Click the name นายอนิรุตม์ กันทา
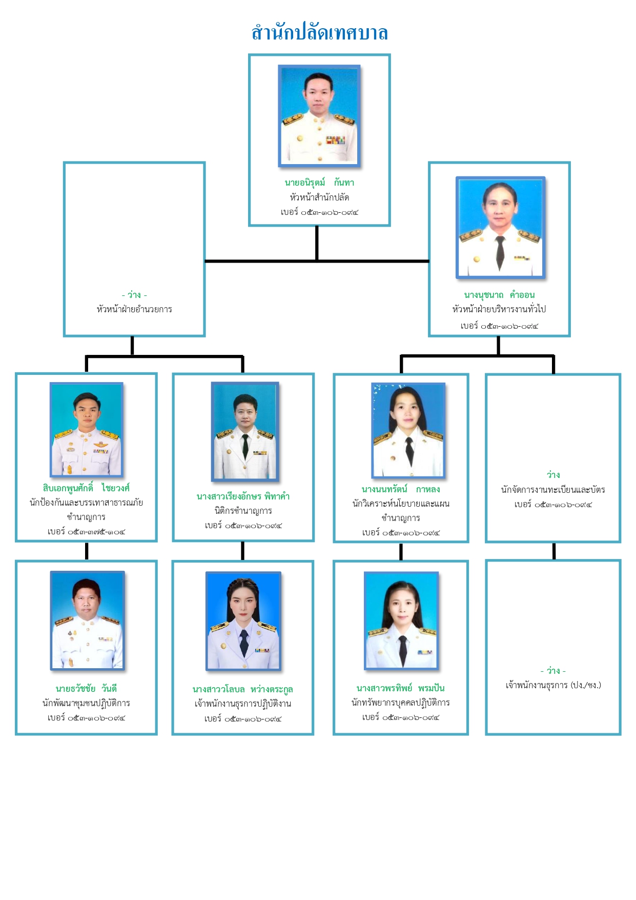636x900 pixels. tap(319, 183)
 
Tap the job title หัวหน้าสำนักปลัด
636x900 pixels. tap(319, 197)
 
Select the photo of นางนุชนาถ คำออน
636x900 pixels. tap(500, 228)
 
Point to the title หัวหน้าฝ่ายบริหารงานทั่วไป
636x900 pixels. tap(499, 309)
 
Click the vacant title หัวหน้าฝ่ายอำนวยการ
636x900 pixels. tap(134, 309)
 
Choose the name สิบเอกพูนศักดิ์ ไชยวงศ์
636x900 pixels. tap(86, 488)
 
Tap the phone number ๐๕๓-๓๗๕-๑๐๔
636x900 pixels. tap(86, 532)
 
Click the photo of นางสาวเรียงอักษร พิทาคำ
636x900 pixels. tap(245, 431)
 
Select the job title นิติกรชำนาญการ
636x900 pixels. tap(243, 511)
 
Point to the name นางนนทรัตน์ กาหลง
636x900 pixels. tap(401, 489)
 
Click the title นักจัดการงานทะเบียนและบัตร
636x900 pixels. tap(553, 490)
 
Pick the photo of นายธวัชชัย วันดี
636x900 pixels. tap(87, 621)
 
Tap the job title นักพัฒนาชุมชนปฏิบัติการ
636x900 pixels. tap(86, 703)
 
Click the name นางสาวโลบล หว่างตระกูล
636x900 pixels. tap(243, 689)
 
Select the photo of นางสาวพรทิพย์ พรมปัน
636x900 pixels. tap(402, 621)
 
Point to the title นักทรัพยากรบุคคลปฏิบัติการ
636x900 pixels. tap(401, 703)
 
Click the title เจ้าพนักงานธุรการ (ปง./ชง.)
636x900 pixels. tap(553, 685)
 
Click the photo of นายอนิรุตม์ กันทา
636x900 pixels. tap(319, 115)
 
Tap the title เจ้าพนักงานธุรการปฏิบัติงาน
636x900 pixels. tap(243, 704)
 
